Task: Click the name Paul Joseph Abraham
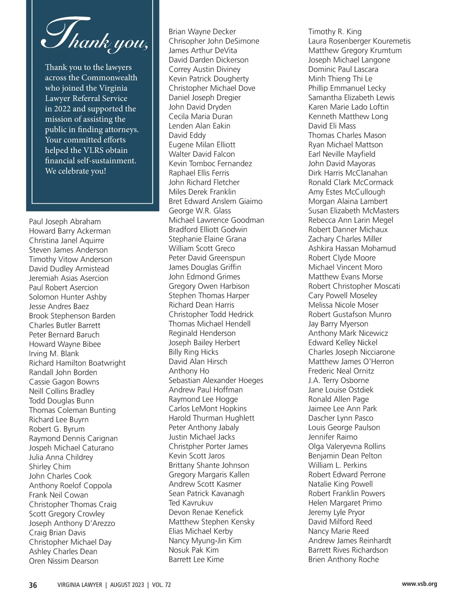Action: (x=65, y=222)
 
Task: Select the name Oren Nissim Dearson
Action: (x=64, y=561)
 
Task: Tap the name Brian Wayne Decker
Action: (x=202, y=31)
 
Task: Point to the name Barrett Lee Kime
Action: (x=196, y=559)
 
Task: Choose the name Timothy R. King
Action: (x=335, y=31)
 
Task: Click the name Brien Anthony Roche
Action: (x=343, y=559)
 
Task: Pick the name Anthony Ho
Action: (x=189, y=371)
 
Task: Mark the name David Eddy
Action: (x=187, y=135)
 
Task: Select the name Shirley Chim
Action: (x=50, y=466)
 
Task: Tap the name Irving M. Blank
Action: (x=54, y=353)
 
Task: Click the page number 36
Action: (x=33, y=585)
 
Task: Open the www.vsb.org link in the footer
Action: (x=419, y=584)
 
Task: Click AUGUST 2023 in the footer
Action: (x=127, y=585)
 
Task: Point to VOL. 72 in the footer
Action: (x=162, y=585)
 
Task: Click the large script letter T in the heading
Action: (x=62, y=33)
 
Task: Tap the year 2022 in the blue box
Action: (x=62, y=109)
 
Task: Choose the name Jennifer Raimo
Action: (x=333, y=437)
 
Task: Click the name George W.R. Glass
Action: (x=200, y=211)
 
